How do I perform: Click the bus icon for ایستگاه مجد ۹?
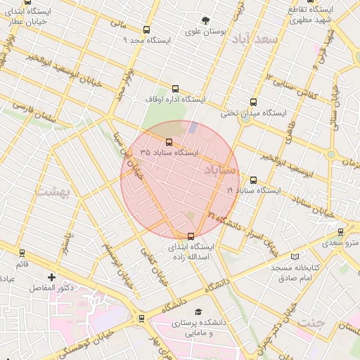point(146,30)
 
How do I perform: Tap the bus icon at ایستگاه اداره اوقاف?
point(175,89)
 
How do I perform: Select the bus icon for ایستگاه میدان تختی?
point(254,102)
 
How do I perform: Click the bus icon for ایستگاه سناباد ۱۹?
point(253,180)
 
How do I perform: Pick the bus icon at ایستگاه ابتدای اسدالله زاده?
point(191,236)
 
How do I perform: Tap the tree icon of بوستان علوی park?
point(205,20)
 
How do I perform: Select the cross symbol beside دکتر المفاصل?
point(51,278)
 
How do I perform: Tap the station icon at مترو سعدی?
point(341,231)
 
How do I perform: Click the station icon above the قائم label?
point(22,252)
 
